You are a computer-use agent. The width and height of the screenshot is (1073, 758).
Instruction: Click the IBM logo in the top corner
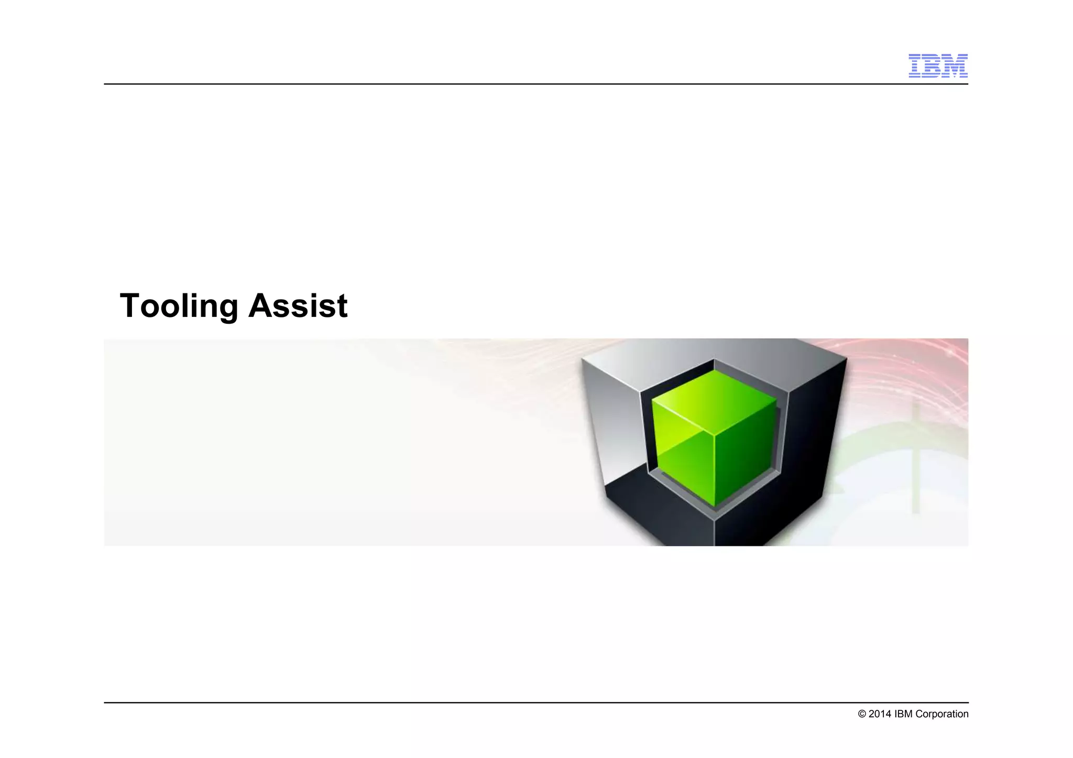click(x=938, y=65)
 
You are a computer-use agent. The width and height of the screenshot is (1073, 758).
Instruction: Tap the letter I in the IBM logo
click(x=916, y=65)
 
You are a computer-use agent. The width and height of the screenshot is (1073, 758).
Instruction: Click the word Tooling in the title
click(x=179, y=306)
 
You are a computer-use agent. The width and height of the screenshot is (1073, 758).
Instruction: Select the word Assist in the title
click(x=298, y=306)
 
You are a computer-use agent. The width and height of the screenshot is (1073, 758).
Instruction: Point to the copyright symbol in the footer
click(x=862, y=714)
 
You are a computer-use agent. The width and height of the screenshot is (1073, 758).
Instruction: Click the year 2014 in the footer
click(x=880, y=714)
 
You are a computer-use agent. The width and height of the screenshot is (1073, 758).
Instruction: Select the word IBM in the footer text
click(x=903, y=714)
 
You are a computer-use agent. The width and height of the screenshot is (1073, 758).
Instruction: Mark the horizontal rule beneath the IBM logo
click(x=524, y=84)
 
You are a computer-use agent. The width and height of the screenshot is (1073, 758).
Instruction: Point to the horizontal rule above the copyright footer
click(x=524, y=702)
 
